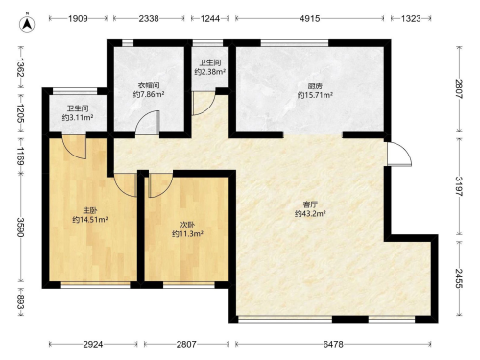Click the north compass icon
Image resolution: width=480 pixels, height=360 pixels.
pos(27,24)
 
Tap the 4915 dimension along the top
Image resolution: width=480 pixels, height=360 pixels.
pos(309,18)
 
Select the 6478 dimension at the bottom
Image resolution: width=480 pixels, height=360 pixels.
pos(333,344)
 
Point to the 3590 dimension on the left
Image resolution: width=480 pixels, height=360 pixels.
pos(20,228)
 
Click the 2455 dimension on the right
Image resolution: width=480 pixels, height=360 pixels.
pos(459,278)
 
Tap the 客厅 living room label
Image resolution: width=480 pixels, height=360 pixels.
pos(310,204)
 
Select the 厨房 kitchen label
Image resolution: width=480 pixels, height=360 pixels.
pos(315,85)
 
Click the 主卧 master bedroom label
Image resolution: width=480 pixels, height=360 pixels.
pos(90,210)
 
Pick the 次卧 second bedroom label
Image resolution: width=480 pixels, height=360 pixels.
pos(187,225)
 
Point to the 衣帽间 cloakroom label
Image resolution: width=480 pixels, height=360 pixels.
pos(149,85)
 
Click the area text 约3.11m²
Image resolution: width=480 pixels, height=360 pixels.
pos(78,118)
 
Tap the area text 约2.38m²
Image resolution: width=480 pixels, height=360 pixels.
pos(210,72)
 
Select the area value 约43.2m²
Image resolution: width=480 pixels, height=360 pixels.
pos(310,213)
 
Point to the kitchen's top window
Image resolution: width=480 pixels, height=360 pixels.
pos(295,43)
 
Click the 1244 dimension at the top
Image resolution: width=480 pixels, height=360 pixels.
pos(210,18)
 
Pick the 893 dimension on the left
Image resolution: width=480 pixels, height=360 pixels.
pos(20,302)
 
